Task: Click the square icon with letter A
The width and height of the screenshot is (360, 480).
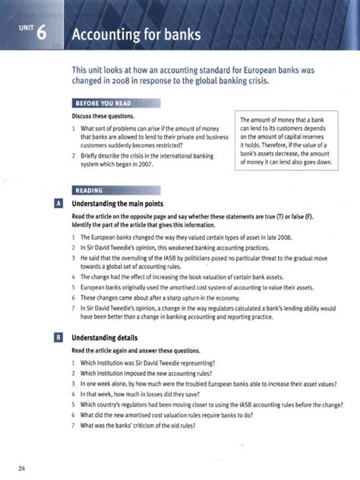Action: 58,204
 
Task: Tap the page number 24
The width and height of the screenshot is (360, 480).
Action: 23,467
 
